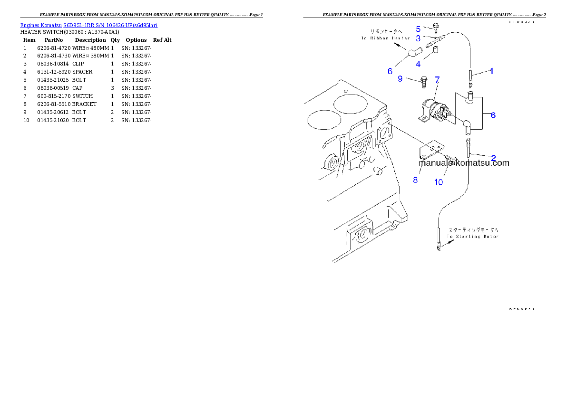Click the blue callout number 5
(x=418, y=29)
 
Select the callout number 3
(x=418, y=38)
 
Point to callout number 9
(x=400, y=79)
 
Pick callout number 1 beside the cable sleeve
(x=492, y=71)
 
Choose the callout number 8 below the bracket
(x=415, y=180)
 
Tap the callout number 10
(x=438, y=182)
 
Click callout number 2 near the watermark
(x=493, y=158)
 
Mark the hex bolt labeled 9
(x=423, y=81)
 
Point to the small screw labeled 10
(x=451, y=159)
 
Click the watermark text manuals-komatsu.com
(x=464, y=163)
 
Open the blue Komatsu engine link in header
(x=88, y=25)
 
